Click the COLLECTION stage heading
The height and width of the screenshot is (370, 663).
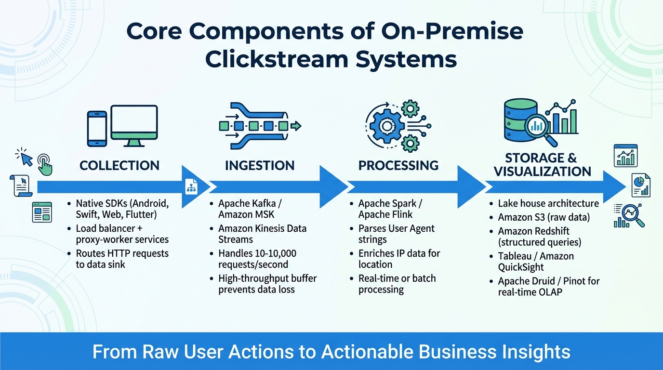coord(119,166)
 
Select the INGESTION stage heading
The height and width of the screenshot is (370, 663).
coord(260,166)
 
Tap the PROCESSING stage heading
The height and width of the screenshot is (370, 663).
coord(398,166)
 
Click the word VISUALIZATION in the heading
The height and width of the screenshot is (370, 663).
coord(542,172)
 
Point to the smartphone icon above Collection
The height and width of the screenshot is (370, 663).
coord(97,129)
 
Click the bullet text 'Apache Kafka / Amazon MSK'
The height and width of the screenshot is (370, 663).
coord(249,209)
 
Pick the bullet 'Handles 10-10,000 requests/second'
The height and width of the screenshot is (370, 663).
coord(257,259)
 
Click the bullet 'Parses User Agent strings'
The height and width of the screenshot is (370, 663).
coord(396,234)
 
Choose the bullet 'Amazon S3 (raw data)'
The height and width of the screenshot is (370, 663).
coord(544,217)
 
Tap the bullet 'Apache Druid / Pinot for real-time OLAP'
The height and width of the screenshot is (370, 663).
coord(548,286)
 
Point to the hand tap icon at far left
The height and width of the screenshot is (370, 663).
coord(45,165)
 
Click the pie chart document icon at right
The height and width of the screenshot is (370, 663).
coord(641,185)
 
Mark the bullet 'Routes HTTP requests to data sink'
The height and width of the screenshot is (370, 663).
coord(122,259)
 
